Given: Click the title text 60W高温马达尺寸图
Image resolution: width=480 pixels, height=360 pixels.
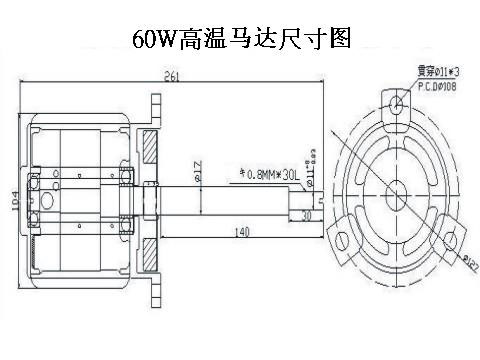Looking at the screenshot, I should click(240, 39).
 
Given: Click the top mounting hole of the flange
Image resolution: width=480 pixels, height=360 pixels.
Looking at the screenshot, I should click(397, 103).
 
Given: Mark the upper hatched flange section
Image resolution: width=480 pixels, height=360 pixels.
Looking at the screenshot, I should click(150, 149).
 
